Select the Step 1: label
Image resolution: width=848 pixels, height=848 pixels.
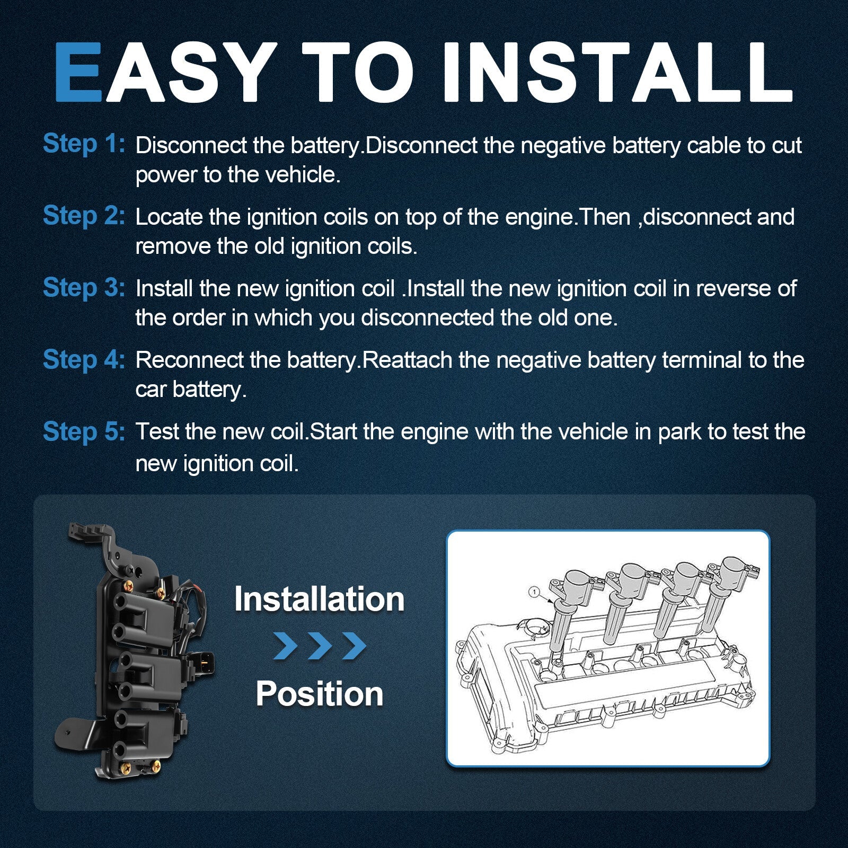coord(84,144)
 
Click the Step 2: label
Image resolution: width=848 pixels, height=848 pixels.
coord(84,216)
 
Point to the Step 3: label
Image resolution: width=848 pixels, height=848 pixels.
coord(84,287)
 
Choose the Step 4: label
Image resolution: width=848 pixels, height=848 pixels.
coord(84,359)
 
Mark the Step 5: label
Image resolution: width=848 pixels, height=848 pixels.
coord(84,431)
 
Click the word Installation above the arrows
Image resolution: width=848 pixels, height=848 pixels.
coord(320,599)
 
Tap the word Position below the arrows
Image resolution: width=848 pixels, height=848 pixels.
coord(320,694)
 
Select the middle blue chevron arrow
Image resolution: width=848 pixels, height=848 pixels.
coord(320,646)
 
